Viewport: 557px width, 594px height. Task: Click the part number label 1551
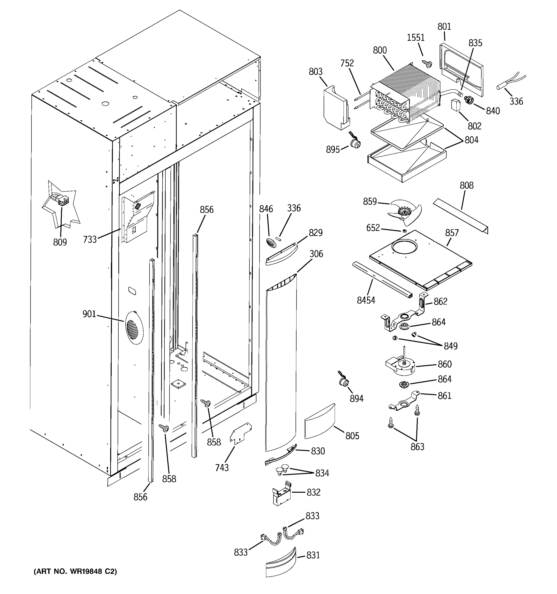[x=416, y=38]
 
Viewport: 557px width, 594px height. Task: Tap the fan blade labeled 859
[x=405, y=212]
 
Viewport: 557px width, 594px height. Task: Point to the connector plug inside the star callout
[x=63, y=200]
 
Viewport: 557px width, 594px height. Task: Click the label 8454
[x=366, y=300]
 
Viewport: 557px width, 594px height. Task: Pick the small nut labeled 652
[x=404, y=231]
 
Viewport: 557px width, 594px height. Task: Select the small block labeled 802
[x=456, y=105]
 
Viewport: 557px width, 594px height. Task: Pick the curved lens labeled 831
[x=281, y=563]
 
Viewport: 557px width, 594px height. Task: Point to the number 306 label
[x=316, y=254]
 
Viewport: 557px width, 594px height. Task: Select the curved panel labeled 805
[x=319, y=421]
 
